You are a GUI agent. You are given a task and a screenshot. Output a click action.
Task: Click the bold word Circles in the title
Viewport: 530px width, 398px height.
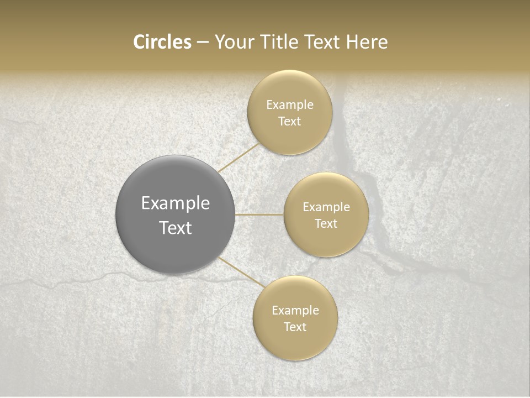(x=162, y=42)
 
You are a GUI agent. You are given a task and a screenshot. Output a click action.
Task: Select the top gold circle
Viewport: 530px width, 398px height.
(x=289, y=138)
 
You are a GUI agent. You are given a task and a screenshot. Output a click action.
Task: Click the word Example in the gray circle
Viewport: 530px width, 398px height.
(x=176, y=203)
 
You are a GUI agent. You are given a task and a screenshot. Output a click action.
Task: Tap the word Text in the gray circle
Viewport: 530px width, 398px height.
(x=176, y=228)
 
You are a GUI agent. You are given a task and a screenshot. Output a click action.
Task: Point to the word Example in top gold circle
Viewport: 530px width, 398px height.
(x=289, y=105)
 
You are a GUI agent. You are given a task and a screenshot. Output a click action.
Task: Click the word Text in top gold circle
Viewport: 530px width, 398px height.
(x=289, y=122)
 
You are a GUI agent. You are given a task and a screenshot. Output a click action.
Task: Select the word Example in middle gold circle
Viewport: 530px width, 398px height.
(x=326, y=207)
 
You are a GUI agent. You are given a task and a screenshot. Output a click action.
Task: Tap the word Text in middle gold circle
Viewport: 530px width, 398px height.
(x=326, y=224)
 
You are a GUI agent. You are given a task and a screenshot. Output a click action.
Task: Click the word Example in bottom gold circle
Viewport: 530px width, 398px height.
(x=295, y=311)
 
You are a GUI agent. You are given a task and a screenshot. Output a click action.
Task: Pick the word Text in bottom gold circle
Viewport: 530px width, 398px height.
(x=295, y=327)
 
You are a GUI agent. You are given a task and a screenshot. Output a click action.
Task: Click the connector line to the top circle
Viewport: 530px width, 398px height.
(x=239, y=158)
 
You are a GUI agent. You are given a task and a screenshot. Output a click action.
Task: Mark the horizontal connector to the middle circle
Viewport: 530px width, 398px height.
(x=259, y=214)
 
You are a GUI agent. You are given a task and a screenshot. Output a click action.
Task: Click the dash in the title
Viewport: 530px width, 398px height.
(x=202, y=43)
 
